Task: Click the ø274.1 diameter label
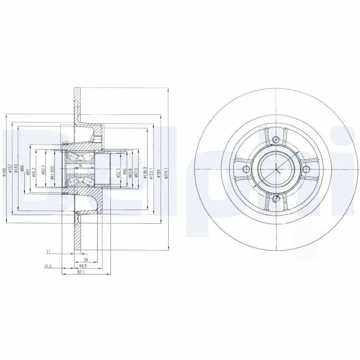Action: tap(166, 173)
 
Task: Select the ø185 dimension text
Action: tap(4, 173)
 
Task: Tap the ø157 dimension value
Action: tap(10, 173)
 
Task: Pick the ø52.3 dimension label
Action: tap(118, 173)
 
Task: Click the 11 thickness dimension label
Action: tap(48, 251)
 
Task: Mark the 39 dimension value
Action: tap(85, 260)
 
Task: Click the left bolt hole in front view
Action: tap(245, 169)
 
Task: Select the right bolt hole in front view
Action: tap(306, 169)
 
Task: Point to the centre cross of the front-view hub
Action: tap(275, 170)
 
